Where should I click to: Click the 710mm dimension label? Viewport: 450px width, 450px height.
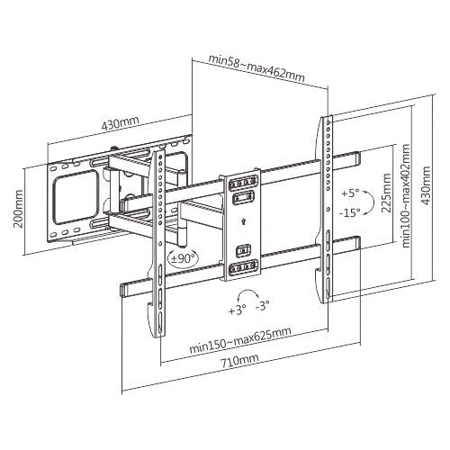click(x=240, y=362)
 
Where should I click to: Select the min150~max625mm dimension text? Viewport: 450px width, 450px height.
click(x=240, y=340)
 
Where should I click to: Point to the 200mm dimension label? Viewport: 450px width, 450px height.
click(x=19, y=208)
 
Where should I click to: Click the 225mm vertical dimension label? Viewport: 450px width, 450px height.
click(x=386, y=193)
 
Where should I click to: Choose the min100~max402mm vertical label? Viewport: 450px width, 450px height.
click(x=406, y=196)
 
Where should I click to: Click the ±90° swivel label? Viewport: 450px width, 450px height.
click(x=181, y=257)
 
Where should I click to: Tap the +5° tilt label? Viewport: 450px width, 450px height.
click(x=350, y=193)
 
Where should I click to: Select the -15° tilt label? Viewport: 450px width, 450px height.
click(x=349, y=212)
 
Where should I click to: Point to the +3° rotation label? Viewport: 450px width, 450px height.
click(x=238, y=310)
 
